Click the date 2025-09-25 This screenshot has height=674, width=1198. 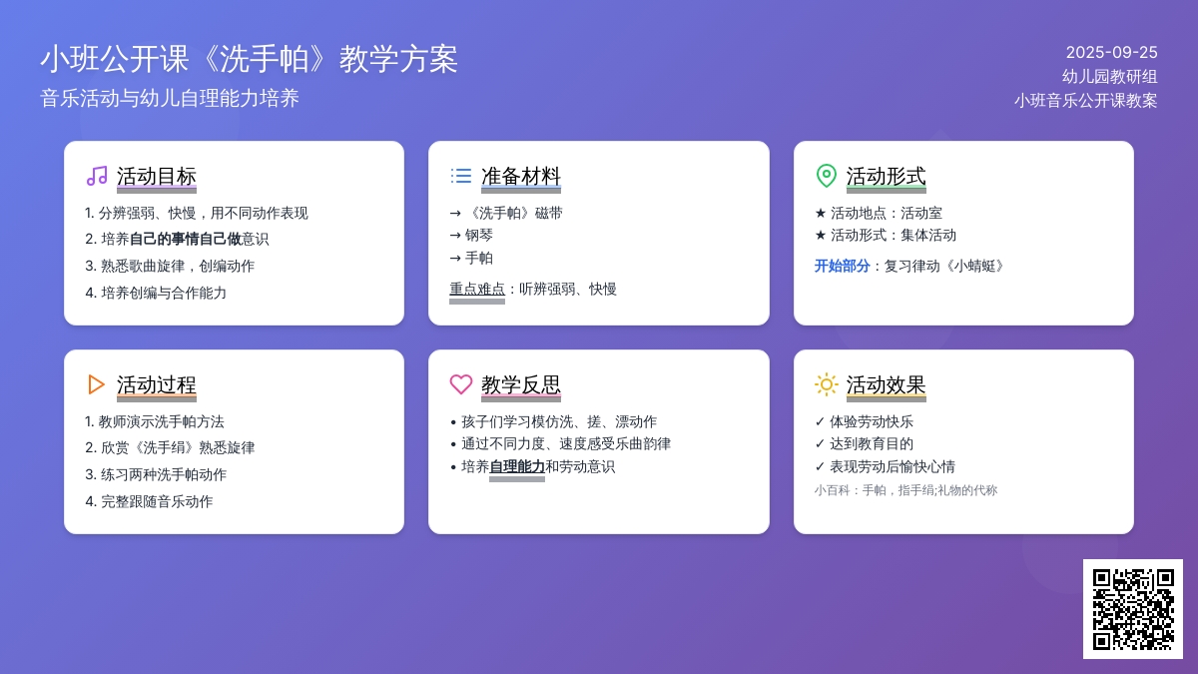(1111, 52)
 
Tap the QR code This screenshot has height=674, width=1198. (1133, 609)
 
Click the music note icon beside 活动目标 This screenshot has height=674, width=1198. (97, 176)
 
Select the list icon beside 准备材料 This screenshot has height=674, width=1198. (461, 176)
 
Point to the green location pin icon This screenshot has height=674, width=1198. (827, 176)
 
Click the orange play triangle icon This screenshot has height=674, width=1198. (96, 384)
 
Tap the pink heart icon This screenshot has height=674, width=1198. (461, 384)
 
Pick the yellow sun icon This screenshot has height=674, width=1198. (827, 384)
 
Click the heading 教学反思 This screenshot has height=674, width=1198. (521, 384)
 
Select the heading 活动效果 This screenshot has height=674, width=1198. (886, 384)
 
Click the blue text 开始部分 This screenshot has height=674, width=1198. (842, 266)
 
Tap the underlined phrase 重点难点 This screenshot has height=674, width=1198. (477, 289)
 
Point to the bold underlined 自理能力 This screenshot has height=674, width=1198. (517, 466)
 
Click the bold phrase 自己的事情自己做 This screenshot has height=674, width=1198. (186, 239)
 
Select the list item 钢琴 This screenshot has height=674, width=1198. (478, 235)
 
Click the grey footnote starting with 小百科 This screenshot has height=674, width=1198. (906, 490)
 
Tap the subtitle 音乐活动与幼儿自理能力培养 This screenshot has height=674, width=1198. (170, 99)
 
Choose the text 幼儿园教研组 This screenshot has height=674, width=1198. (1110, 77)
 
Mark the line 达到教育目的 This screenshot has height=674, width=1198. (872, 443)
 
